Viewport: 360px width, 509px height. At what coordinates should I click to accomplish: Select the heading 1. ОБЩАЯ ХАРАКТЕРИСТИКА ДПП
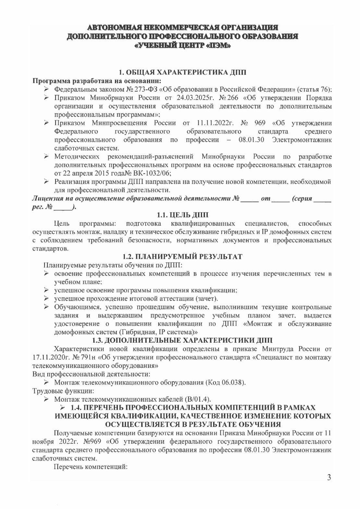pos(182,73)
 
